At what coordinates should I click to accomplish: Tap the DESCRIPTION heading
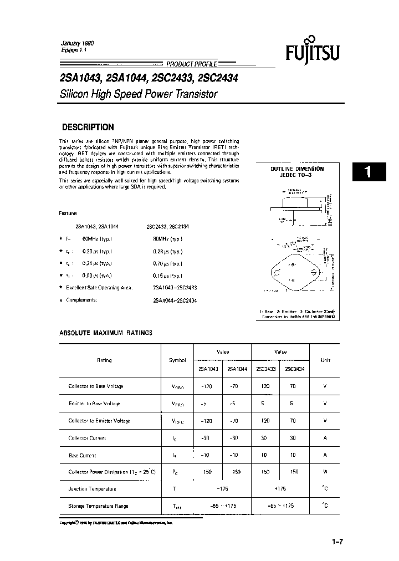88,127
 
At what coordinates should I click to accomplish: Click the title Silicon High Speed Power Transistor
138,94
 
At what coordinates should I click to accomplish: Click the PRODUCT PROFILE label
192,64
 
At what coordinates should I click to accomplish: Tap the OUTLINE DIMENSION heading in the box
297,169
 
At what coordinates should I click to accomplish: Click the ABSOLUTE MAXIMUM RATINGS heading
105,333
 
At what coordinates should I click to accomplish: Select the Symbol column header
177,360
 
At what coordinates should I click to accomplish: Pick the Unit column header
325,360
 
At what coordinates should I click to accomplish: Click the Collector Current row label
87,438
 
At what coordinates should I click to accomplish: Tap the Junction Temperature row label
92,489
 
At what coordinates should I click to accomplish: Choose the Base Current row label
82,455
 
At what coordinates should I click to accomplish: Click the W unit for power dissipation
325,472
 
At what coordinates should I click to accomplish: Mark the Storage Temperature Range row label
99,506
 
